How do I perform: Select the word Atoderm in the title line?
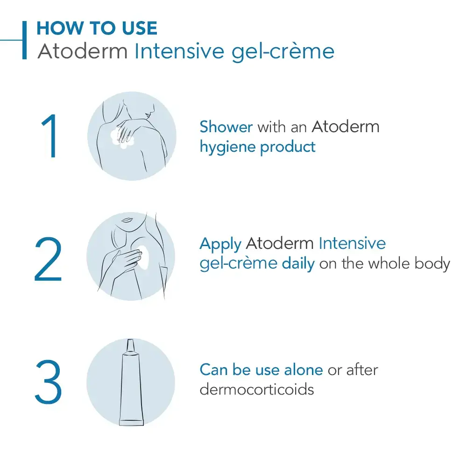coord(82,51)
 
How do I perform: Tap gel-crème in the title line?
coord(283,52)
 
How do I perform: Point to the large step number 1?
coord(50,137)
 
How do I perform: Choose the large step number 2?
coord(48,260)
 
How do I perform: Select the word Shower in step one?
coord(226,127)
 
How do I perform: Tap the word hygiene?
coord(227,147)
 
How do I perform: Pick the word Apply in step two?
coord(220,244)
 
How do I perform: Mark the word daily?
coord(298,264)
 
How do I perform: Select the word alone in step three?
coord(302,370)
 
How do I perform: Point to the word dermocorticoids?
coord(256,389)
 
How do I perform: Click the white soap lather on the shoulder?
coord(122,140)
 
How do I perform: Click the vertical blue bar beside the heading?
coord(24,40)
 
